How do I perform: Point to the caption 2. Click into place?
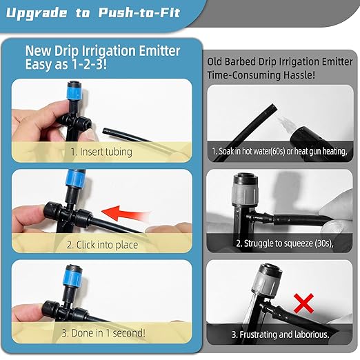(102, 244)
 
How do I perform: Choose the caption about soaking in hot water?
(281, 151)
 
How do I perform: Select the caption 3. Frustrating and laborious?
(281, 334)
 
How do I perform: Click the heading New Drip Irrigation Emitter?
(103, 50)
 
